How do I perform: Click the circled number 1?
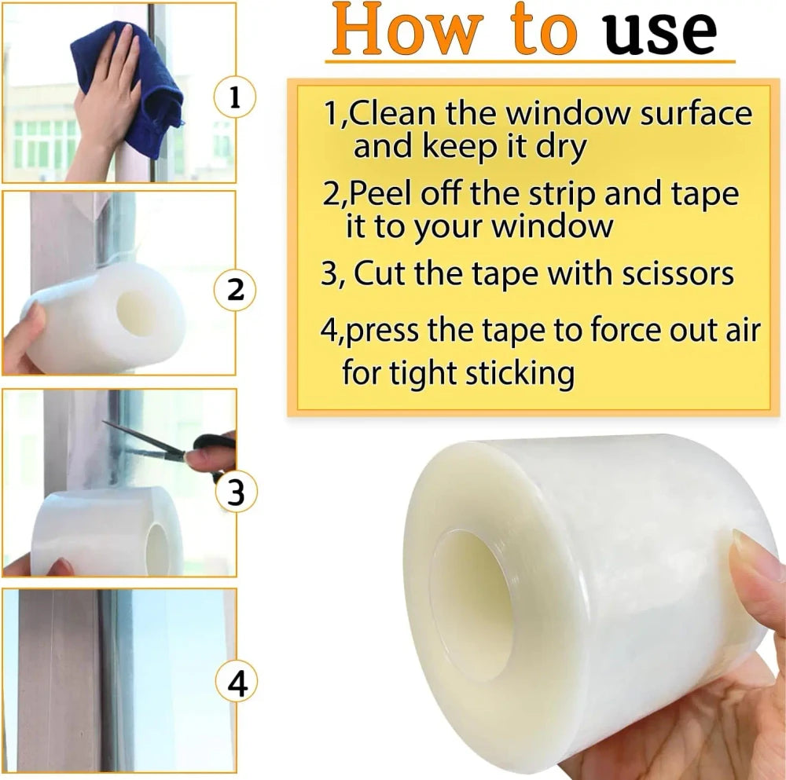[234, 97]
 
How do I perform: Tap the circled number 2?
[234, 290]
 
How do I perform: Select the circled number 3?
[236, 492]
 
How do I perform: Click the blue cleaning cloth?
[131, 85]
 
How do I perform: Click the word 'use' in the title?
[660, 31]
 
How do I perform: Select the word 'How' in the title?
[407, 29]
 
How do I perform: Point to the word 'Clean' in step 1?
[392, 112]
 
